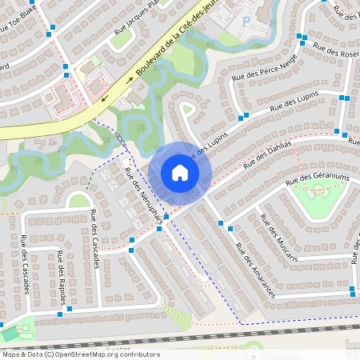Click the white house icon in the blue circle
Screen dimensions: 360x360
coord(179,173)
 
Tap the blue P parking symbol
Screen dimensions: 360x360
coord(246,21)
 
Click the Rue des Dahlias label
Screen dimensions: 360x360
coord(269,151)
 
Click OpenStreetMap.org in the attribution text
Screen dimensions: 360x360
coord(95,354)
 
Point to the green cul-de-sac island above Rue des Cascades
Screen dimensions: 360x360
coord(78,201)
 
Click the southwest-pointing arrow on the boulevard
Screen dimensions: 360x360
coord(105,100)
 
